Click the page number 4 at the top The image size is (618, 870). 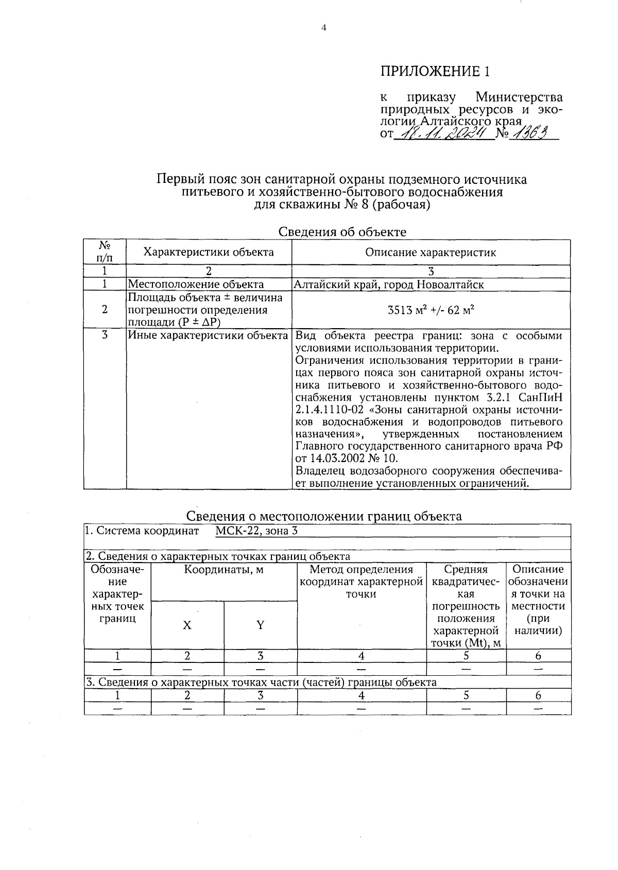click(x=323, y=29)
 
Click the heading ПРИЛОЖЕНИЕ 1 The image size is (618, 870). click(x=435, y=71)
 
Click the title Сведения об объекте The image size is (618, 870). click(x=342, y=232)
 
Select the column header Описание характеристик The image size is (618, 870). click(x=431, y=252)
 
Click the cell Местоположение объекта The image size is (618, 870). click(x=196, y=284)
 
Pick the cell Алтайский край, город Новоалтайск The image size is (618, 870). click(x=389, y=284)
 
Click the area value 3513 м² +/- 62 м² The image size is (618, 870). click(x=431, y=310)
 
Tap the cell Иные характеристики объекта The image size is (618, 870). click(x=208, y=336)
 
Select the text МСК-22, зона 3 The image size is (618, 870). click(x=256, y=531)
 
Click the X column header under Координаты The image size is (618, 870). click(x=187, y=625)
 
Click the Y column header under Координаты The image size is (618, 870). click(x=260, y=625)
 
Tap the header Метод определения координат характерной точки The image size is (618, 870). click(x=362, y=582)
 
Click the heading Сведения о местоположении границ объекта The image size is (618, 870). click(x=323, y=516)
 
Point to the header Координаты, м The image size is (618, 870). click(x=224, y=570)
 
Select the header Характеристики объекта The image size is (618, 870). click(x=209, y=252)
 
